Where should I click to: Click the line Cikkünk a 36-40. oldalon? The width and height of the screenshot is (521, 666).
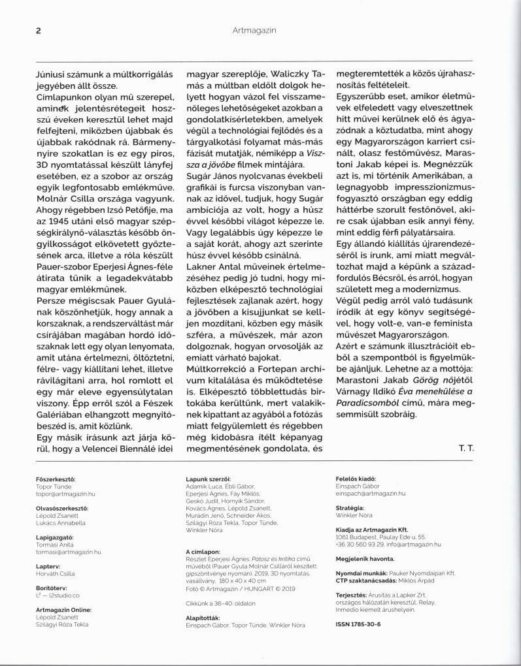tap(224, 603)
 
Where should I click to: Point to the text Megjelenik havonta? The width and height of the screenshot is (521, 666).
tap(364, 559)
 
